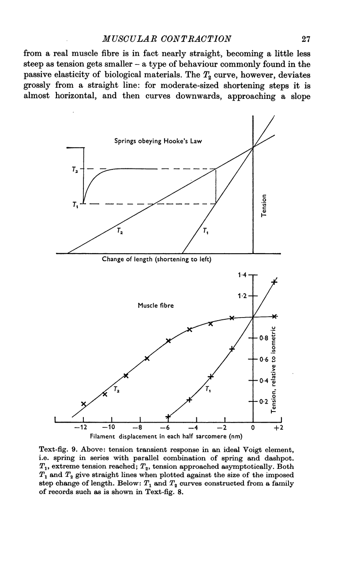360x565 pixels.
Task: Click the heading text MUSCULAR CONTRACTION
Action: point(167,39)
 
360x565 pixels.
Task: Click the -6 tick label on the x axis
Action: point(165,427)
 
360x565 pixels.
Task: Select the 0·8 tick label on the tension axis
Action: point(264,338)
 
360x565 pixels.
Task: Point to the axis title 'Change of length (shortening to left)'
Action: point(157,259)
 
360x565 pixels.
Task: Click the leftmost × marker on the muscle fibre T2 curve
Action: point(83,404)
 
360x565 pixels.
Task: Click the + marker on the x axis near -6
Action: point(168,416)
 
